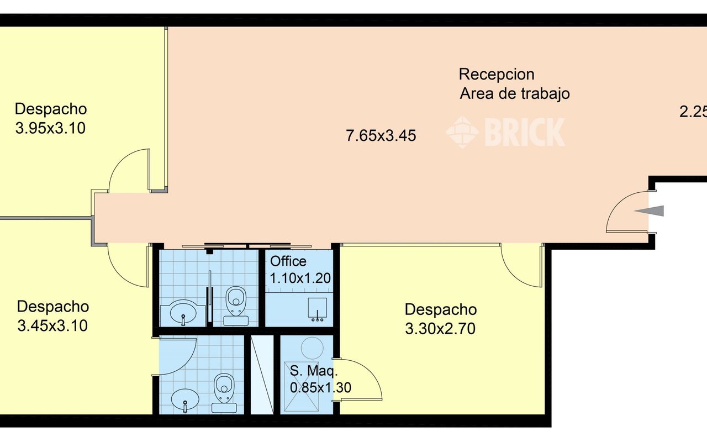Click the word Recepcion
[496, 74]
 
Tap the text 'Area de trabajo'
[514, 94]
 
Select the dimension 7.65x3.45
[381, 136]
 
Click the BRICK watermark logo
[505, 132]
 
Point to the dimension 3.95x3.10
[50, 129]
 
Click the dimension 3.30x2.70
[440, 330]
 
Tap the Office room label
[288, 261]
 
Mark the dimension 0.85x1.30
[320, 388]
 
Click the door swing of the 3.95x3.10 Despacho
[130, 171]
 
